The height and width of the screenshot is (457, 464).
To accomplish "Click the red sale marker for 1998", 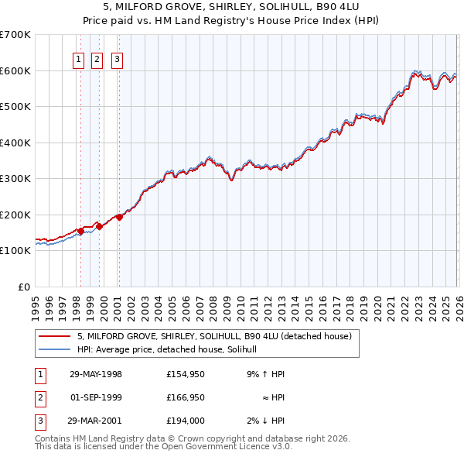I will pyautogui.click(x=80, y=231).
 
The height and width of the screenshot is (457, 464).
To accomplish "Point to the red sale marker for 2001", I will pyautogui.click(x=119, y=218).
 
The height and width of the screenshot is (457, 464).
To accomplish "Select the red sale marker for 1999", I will pyautogui.click(x=99, y=227).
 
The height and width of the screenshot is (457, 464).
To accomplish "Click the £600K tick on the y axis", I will pyautogui.click(x=15, y=70).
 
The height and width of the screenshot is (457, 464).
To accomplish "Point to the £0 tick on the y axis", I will pyautogui.click(x=25, y=287).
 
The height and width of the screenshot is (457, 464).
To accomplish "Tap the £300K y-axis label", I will pyautogui.click(x=15, y=179).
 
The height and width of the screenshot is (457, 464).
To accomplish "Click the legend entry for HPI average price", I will pyautogui.click(x=172, y=349).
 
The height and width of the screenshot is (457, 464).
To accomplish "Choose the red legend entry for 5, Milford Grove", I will pyautogui.click(x=214, y=336).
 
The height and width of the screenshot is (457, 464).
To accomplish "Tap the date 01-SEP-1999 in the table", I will pyautogui.click(x=95, y=397).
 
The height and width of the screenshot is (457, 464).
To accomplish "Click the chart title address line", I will pyautogui.click(x=231, y=7).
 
